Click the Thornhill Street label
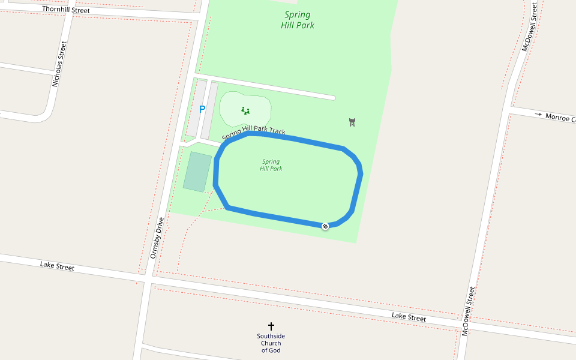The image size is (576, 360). point(66,10)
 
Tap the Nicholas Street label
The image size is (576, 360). point(60,64)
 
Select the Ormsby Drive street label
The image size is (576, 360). point(155,238)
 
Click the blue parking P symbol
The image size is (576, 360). point(202,110)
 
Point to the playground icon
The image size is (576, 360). point(245,110)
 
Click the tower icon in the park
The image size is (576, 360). point(352,122)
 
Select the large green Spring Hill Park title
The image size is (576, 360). point(297,20)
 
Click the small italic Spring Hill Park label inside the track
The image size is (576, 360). point(271,165)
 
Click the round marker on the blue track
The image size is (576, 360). point(325,226)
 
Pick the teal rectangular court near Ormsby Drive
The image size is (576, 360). point(197,172)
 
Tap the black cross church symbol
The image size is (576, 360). point(271,326)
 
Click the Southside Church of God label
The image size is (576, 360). point(271,343)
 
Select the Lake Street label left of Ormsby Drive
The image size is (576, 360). point(57,266)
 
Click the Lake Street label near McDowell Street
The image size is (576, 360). point(409,317)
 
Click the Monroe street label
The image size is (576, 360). point(560,118)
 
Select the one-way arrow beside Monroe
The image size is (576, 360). point(538,114)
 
